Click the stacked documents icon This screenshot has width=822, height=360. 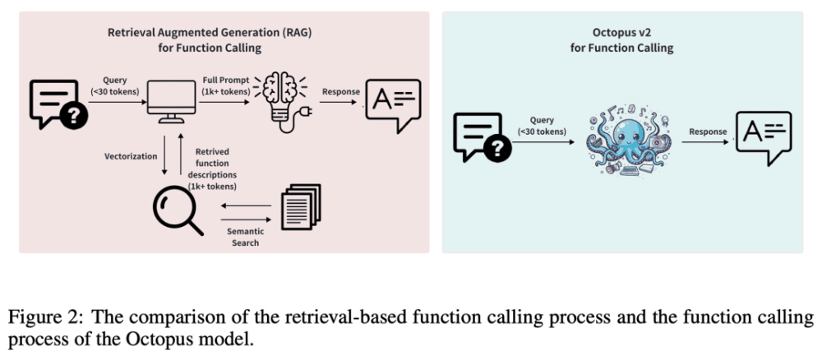click(x=300, y=206)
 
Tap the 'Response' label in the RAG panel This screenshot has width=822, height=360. click(x=339, y=92)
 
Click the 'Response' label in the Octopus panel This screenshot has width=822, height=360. click(x=708, y=132)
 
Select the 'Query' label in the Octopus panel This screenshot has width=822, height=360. click(x=542, y=125)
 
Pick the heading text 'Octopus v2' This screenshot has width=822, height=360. click(x=622, y=33)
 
